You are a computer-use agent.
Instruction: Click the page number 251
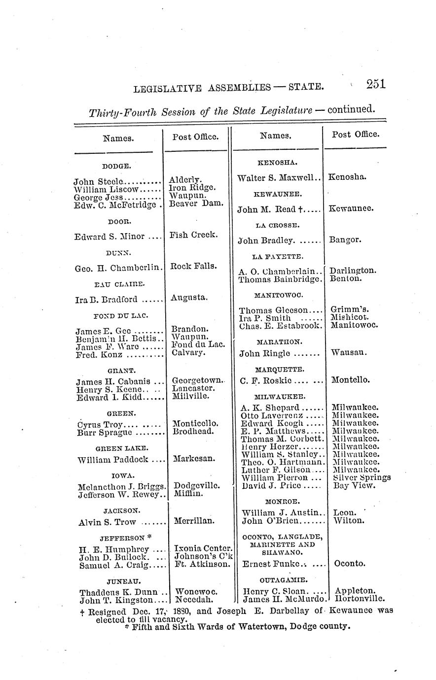coord(375,84)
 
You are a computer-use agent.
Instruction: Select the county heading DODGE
coord(116,167)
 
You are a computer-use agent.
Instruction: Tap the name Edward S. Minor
coord(109,237)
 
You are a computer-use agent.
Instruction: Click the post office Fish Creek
coord(193,235)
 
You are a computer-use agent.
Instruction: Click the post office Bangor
coord(345,240)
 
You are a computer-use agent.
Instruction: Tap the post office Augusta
coord(190,298)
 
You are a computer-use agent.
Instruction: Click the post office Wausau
coord(349,353)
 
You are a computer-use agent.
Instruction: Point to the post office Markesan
coord(194,459)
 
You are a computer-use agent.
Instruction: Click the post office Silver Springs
coord(362,477)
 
